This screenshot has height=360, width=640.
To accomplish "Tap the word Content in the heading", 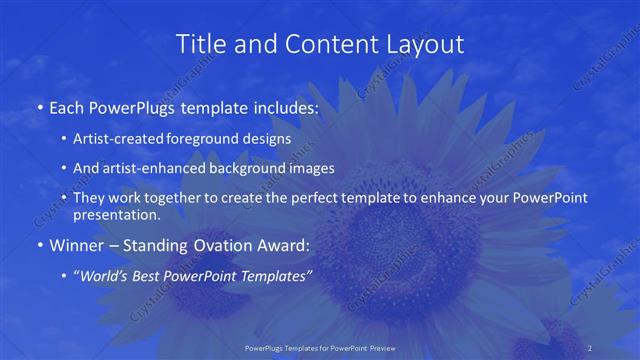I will [320, 45].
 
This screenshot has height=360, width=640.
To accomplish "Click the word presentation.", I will [116, 214].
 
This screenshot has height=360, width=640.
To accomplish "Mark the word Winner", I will [76, 245].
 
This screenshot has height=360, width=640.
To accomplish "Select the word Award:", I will [286, 245].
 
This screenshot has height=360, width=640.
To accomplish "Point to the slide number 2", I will [590, 347].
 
